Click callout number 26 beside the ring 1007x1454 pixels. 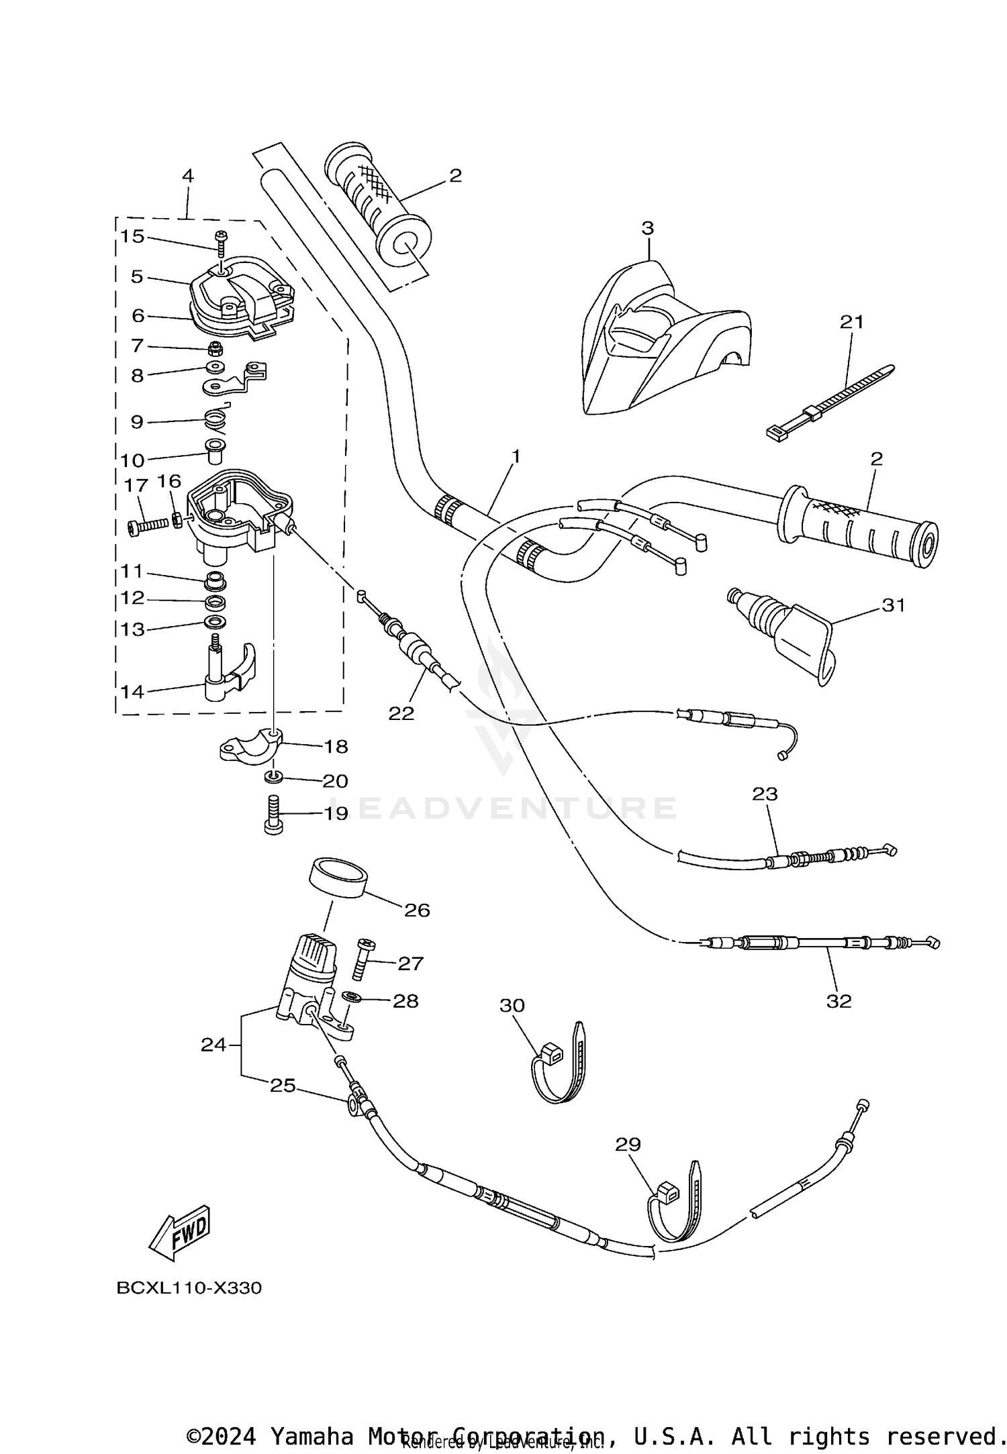[416, 911]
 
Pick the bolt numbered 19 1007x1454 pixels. [273, 813]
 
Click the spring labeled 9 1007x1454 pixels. [216, 421]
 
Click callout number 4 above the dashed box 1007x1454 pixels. [187, 176]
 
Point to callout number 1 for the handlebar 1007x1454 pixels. [516, 456]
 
